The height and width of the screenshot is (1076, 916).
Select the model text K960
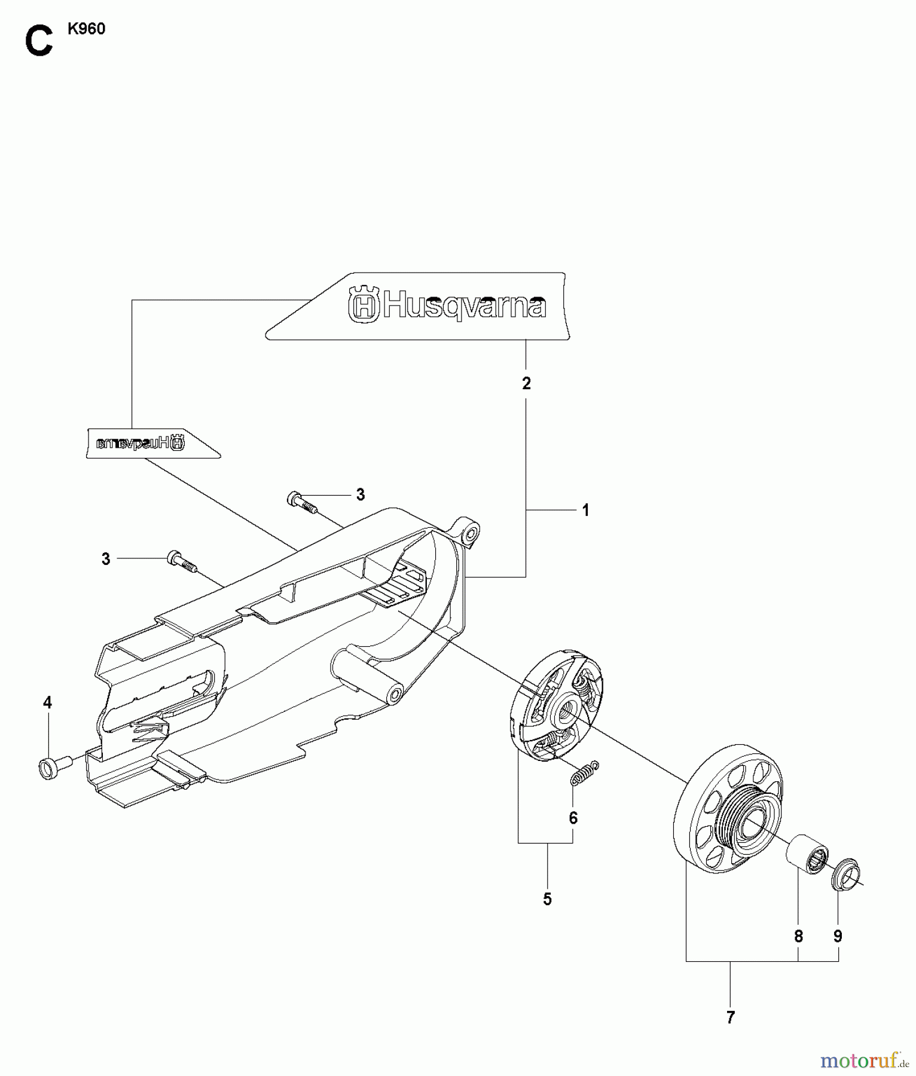coord(86,29)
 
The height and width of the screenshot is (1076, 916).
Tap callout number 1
coord(586,510)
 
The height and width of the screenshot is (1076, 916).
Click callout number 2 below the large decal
coord(526,384)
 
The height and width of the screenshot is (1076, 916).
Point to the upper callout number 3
coord(360,494)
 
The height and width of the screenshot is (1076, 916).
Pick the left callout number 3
coord(106,559)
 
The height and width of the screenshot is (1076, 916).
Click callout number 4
coord(48,702)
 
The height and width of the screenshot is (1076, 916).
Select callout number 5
coord(547,899)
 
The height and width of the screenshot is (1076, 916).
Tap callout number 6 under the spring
coord(573,818)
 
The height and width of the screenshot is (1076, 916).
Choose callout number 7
coord(730,1017)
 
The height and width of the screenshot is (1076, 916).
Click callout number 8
coord(798,937)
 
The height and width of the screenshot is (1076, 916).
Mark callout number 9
coord(838,937)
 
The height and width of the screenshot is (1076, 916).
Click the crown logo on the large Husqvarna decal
coord(364,305)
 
